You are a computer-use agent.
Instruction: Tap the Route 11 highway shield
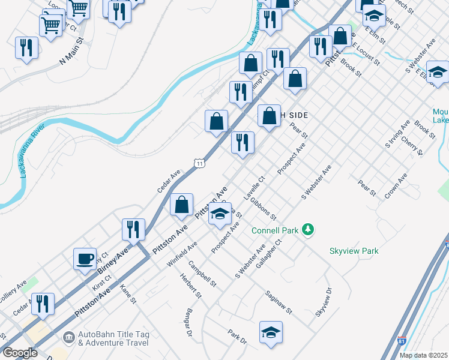(199, 163)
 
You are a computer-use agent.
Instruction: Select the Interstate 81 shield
(402, 341)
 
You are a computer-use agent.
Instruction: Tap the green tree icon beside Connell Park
(308, 229)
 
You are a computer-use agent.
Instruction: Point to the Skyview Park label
(354, 251)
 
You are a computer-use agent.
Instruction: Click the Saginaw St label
(279, 303)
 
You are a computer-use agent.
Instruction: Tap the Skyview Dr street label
(324, 302)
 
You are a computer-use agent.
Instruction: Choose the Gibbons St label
(264, 208)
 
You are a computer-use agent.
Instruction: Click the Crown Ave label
(396, 185)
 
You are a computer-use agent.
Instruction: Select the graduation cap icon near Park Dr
(271, 332)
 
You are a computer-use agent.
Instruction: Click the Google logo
(20, 353)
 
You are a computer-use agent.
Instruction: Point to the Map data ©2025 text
(423, 355)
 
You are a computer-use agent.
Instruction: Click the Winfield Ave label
(182, 254)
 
